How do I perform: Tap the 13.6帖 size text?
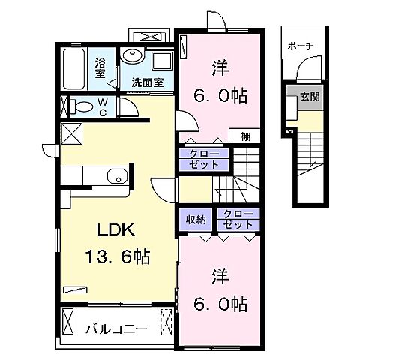pyautogui.click(x=116, y=257)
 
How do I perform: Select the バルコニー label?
pyautogui.click(x=114, y=327)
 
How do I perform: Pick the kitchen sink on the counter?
pyautogui.click(x=115, y=178)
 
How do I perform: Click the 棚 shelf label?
pyautogui.click(x=245, y=136)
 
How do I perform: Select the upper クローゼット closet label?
pyautogui.click(x=199, y=159)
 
